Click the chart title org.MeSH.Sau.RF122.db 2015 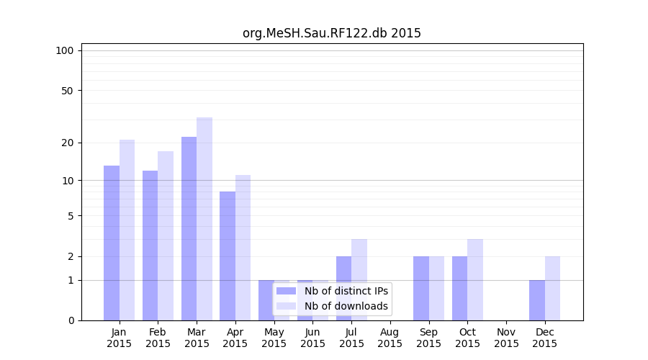[x=331, y=33]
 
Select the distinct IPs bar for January [x=112, y=243]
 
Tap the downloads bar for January [x=127, y=230]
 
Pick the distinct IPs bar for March [x=189, y=228]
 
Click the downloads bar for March [x=204, y=219]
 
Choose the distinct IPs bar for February [x=150, y=246]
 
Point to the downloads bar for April [x=243, y=248]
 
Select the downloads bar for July [x=359, y=279]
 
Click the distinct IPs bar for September [x=421, y=288]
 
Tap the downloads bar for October [x=475, y=279]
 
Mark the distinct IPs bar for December [x=537, y=300]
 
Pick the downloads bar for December [x=552, y=288]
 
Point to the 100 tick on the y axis [x=65, y=50]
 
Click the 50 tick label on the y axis [x=67, y=91]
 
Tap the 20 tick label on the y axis [x=67, y=143]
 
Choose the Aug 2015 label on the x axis [x=390, y=338]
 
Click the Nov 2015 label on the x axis [x=506, y=338]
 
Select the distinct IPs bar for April [x=228, y=256]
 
